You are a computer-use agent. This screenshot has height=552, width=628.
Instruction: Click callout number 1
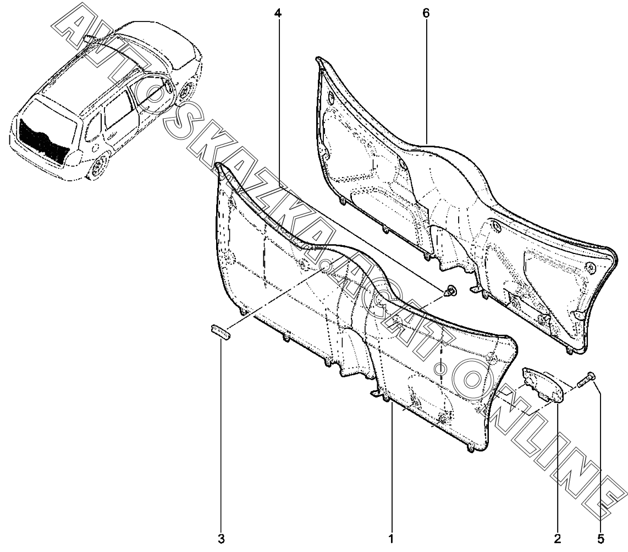(x=391, y=538)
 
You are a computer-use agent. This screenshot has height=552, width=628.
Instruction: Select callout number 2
(x=558, y=538)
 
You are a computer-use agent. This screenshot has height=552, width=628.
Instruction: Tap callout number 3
(x=222, y=538)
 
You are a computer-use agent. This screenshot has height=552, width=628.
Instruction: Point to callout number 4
(x=278, y=12)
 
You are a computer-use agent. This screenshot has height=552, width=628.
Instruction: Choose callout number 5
(x=601, y=538)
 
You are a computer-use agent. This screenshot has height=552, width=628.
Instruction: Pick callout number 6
(x=426, y=12)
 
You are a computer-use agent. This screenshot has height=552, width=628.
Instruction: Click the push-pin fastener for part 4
(x=451, y=291)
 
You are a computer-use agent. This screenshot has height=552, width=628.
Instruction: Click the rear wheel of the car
(x=100, y=167)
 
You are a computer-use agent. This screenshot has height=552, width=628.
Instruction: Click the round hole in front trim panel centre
(x=325, y=267)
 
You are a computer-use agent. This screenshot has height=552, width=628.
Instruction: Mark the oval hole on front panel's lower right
(x=439, y=367)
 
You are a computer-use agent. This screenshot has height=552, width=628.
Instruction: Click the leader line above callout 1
(x=391, y=467)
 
